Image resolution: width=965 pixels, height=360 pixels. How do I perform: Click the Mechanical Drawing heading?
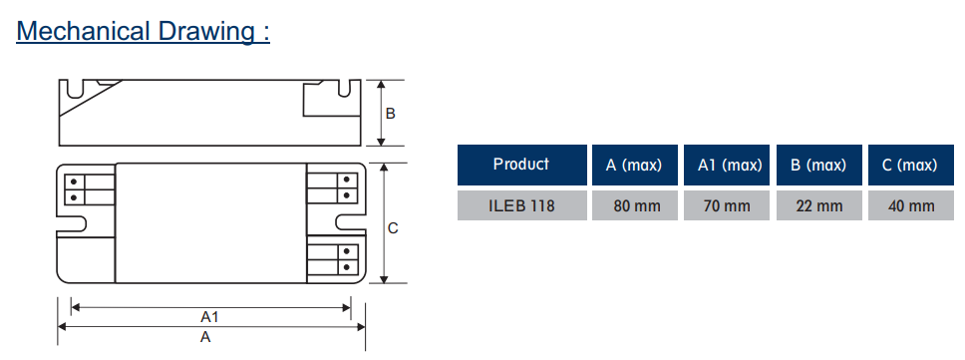tap(144, 31)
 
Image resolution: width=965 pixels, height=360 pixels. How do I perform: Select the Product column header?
tap(521, 165)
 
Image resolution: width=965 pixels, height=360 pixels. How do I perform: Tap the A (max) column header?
tap(634, 165)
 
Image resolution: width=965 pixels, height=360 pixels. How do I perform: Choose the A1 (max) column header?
tap(726, 165)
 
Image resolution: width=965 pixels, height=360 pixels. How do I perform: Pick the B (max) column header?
tap(818, 165)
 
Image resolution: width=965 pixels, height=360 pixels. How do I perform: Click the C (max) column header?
tap(911, 165)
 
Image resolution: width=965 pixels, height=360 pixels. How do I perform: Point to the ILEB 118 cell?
tap(521, 205)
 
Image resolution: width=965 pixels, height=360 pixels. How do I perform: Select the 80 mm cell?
tap(634, 205)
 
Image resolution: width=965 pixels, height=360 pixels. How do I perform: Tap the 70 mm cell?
tap(726, 205)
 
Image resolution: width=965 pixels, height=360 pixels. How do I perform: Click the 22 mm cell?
tap(818, 205)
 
